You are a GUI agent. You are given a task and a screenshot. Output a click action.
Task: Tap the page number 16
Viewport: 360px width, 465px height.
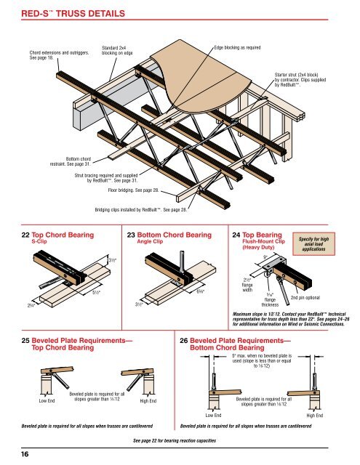click(15, 454)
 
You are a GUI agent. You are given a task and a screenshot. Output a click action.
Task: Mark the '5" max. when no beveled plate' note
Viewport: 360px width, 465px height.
click(265, 361)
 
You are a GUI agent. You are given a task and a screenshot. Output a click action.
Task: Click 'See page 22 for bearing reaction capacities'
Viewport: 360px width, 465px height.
click(180, 441)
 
